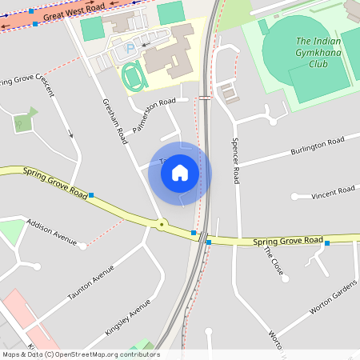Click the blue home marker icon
pos(180,173)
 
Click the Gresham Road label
pos(115,121)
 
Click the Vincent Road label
pos(333,192)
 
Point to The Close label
pos(274,262)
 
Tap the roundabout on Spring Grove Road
pos(162,224)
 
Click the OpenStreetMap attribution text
pos(81,354)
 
